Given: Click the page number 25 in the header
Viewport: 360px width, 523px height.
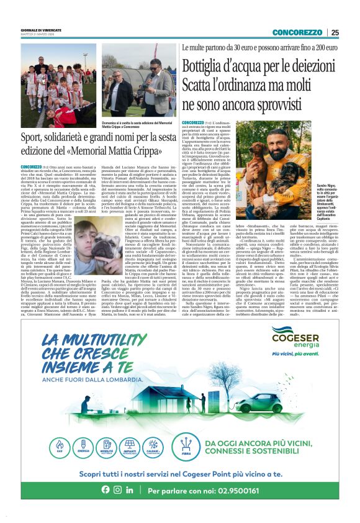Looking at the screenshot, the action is [335, 32].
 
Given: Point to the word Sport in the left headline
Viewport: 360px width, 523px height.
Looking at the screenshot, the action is [34, 137].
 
